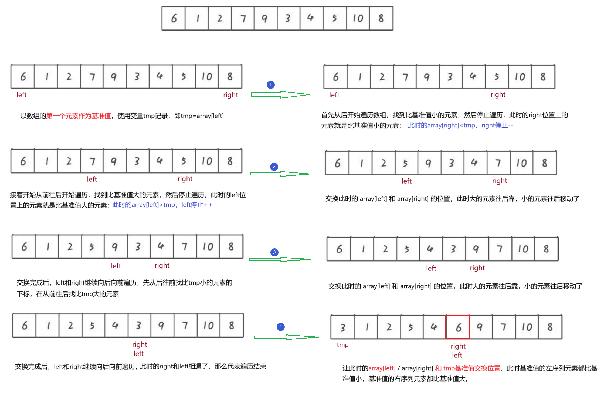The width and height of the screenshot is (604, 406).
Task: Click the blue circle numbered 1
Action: click(270, 85)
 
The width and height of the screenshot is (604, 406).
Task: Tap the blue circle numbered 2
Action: click(274, 167)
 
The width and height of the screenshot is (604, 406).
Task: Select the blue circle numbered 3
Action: click(274, 252)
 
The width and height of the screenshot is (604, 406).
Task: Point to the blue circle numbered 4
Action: click(280, 327)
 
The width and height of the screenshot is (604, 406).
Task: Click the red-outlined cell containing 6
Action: click(458, 327)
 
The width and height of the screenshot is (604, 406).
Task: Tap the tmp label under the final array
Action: click(342, 345)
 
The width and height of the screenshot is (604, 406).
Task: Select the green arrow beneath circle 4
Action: click(286, 337)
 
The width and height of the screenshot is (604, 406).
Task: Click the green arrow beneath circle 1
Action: click(280, 94)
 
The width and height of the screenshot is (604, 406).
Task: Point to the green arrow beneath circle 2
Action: click(280, 174)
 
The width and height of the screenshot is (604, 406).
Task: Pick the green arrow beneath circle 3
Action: click(280, 259)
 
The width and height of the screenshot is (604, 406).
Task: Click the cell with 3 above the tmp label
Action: click(342, 327)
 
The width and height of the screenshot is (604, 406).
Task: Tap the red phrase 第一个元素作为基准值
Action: click(79, 116)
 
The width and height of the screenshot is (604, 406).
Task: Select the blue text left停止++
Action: click(196, 205)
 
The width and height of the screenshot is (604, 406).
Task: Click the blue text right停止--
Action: click(497, 125)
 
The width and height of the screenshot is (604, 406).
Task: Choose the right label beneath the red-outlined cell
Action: click(458, 346)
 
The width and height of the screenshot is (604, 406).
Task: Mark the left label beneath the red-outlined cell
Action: click(457, 355)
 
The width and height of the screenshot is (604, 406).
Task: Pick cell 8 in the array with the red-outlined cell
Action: click(550, 327)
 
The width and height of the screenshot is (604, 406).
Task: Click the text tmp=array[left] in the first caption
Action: click(202, 116)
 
